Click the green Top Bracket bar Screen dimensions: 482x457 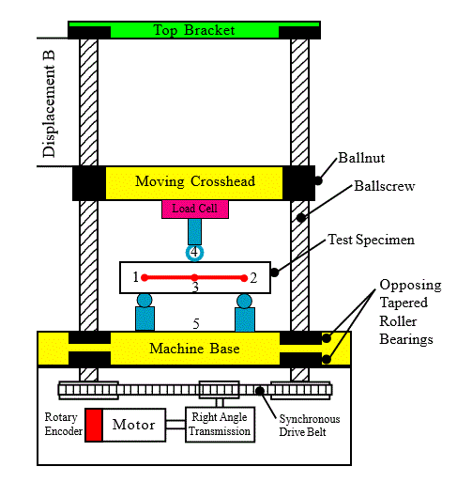(x=193, y=30)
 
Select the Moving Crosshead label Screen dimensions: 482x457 (x=194, y=181)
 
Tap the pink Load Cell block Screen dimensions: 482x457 (x=194, y=209)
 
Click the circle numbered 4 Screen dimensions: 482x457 (x=194, y=252)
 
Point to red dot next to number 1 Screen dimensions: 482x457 (x=145, y=277)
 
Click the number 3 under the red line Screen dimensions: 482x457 (x=194, y=287)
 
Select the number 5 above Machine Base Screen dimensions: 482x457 (x=195, y=323)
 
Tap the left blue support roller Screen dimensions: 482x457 (x=145, y=312)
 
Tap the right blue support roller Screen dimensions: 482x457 (x=245, y=312)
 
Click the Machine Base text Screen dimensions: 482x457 (x=193, y=350)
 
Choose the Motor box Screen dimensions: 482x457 (x=133, y=425)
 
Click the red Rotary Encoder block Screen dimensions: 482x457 (x=93, y=425)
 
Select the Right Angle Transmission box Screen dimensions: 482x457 (x=221, y=425)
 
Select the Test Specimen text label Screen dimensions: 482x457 (x=370, y=240)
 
